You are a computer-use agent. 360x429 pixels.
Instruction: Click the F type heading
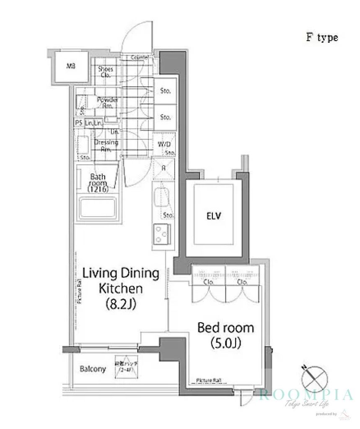(x=321, y=37)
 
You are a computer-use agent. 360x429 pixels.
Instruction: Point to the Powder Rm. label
(x=107, y=103)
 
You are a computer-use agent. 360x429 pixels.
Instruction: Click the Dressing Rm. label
(x=106, y=145)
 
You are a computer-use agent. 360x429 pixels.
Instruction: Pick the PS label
(x=78, y=123)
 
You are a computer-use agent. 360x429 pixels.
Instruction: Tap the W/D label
(x=163, y=145)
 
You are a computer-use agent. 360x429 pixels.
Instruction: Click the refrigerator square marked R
(x=163, y=168)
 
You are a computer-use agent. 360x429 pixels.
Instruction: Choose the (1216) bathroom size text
(x=98, y=189)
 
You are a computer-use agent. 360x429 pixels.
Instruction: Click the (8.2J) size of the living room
(x=121, y=305)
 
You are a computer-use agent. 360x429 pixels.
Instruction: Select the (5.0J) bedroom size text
(x=225, y=344)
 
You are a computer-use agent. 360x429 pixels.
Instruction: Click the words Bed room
(x=225, y=328)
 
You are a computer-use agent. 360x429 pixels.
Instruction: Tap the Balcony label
(x=93, y=369)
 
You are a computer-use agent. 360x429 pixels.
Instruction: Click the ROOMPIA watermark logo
(x=306, y=395)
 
